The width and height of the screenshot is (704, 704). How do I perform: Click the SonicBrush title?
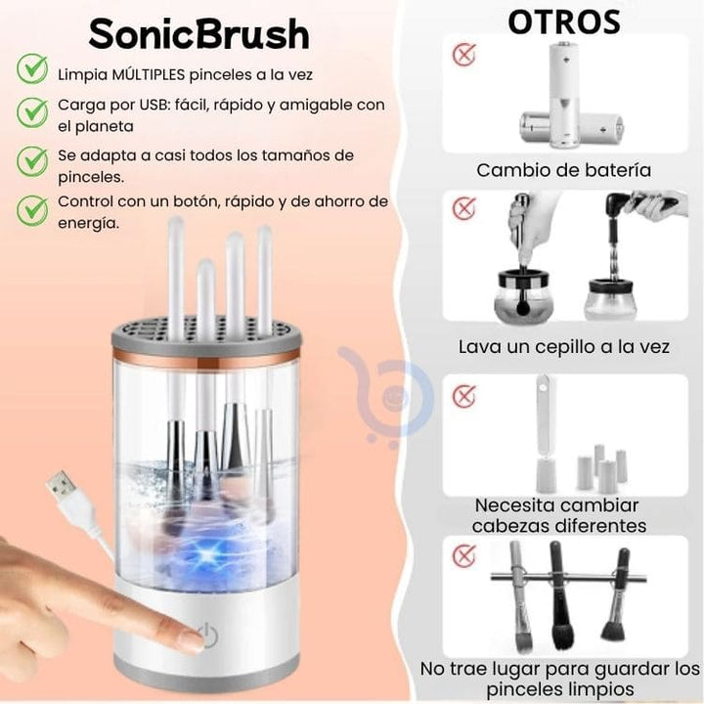[x=198, y=34]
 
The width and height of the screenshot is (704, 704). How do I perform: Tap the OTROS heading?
[x=564, y=22]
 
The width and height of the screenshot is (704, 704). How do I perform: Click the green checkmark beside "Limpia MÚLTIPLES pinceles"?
[x=32, y=68]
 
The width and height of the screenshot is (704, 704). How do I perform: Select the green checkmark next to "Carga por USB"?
[x=32, y=112]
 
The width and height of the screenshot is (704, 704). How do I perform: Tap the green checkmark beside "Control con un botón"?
[x=32, y=210]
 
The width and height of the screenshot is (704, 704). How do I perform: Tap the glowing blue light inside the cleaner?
[x=207, y=554]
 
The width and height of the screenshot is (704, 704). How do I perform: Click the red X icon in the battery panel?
[x=463, y=55]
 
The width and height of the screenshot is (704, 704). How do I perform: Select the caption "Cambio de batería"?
[x=564, y=170]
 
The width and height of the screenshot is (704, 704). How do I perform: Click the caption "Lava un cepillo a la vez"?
[x=564, y=346]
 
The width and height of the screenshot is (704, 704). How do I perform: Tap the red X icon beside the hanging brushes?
[x=463, y=555]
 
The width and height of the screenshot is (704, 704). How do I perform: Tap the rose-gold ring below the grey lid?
[x=205, y=355]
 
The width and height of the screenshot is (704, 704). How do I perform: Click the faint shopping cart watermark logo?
[x=386, y=395]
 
